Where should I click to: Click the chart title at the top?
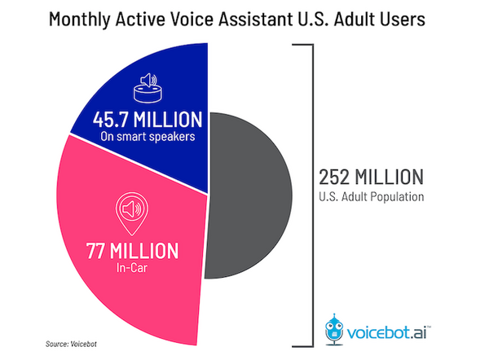click(244, 20)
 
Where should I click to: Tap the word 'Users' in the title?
click(412, 20)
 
